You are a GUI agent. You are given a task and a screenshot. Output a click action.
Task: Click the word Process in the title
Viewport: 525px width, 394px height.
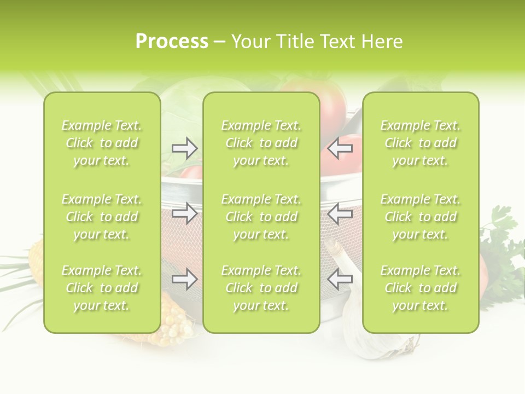[x=172, y=42]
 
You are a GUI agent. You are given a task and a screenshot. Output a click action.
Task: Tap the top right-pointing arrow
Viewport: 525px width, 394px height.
[x=185, y=148]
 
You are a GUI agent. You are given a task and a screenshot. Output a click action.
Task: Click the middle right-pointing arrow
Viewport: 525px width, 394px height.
[x=185, y=213]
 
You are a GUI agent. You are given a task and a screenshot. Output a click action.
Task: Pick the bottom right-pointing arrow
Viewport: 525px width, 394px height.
[x=185, y=279]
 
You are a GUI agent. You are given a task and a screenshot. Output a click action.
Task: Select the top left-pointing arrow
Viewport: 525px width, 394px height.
[x=340, y=148]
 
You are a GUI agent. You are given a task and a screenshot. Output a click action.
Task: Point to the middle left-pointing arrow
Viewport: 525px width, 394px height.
[x=340, y=213]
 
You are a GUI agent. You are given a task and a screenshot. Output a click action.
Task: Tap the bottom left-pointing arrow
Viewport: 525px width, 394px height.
[x=340, y=279]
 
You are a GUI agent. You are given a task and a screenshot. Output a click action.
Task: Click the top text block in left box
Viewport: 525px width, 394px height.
[x=102, y=143]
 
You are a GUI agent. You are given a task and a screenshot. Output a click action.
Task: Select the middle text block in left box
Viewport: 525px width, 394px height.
[x=102, y=217]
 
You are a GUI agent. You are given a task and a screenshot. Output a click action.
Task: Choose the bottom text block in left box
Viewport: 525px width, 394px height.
[x=102, y=288]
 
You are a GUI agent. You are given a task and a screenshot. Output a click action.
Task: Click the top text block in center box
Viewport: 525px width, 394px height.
[x=261, y=143]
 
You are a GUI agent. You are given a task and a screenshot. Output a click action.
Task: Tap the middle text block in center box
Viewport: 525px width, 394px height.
[x=261, y=217]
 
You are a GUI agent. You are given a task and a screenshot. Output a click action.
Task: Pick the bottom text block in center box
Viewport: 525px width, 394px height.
[x=261, y=288]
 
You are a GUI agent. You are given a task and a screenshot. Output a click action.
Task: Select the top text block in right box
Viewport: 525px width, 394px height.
[x=421, y=143]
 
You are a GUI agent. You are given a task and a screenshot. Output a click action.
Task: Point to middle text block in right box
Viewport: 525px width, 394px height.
[x=421, y=217]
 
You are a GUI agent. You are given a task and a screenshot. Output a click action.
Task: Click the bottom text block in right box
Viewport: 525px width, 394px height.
[x=421, y=288]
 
